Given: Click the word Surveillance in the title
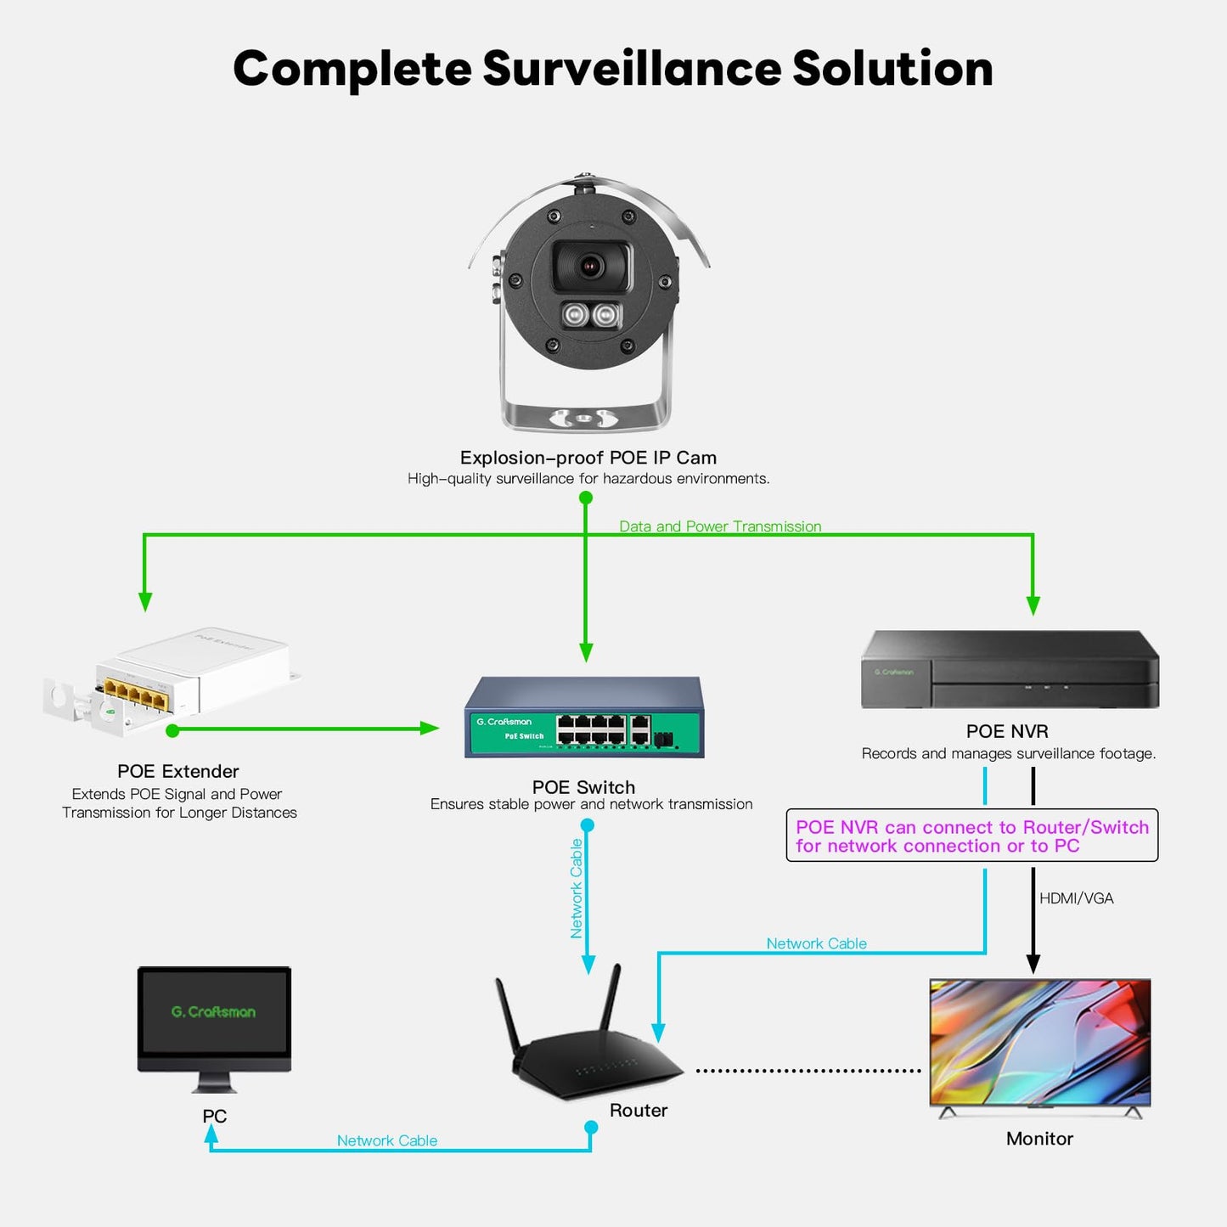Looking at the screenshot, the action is [632, 68].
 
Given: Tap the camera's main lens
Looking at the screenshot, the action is [592, 266].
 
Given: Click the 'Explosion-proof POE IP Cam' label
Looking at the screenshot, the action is [588, 457].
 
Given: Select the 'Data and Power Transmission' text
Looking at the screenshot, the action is [720, 526].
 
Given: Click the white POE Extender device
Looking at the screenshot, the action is [172, 681].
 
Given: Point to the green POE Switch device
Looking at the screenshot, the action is [584, 717].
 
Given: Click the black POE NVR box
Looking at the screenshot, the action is [1010, 669].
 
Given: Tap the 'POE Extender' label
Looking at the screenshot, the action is [178, 771].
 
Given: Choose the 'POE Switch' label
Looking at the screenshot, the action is [584, 787].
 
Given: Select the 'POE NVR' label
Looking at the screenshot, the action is [1007, 731].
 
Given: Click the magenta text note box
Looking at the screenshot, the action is [972, 836].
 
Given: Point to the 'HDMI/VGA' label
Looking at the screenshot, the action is [1077, 898].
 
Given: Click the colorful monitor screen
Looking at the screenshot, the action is [1040, 1042].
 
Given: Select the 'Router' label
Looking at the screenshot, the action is [639, 1110].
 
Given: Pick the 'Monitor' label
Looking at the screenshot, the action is [1040, 1139].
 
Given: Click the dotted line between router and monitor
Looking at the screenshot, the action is [808, 1071].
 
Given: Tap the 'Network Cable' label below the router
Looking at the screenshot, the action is [387, 1140].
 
